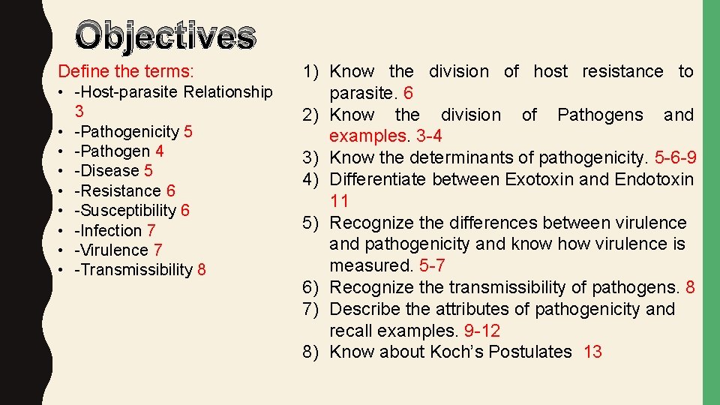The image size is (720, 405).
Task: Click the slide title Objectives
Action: [x=166, y=36]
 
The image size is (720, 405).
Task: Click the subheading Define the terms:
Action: [x=126, y=72]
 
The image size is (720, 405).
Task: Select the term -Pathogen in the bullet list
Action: [x=112, y=151]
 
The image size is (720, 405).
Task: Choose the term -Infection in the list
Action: [x=109, y=230]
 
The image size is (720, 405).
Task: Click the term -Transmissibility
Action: [x=133, y=269]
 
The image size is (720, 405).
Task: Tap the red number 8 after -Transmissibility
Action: [x=202, y=269]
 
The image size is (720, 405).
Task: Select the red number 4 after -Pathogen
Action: [x=160, y=151]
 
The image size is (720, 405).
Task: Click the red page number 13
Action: [x=592, y=352]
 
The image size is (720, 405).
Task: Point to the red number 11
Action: [x=340, y=200]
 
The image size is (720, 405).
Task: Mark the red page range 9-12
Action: [x=482, y=331]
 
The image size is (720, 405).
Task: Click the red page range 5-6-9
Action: [x=676, y=157]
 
